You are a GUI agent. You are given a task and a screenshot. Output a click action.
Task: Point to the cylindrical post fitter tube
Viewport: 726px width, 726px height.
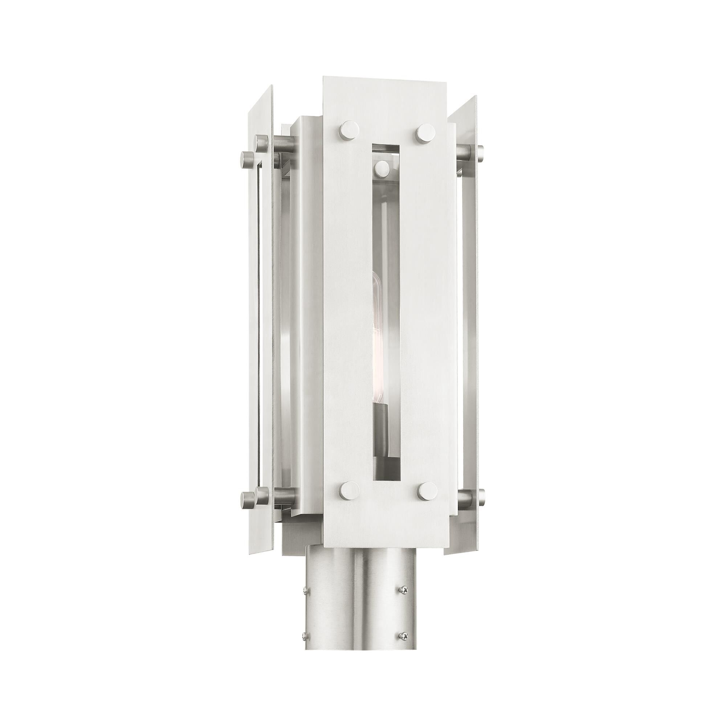[353, 639]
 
